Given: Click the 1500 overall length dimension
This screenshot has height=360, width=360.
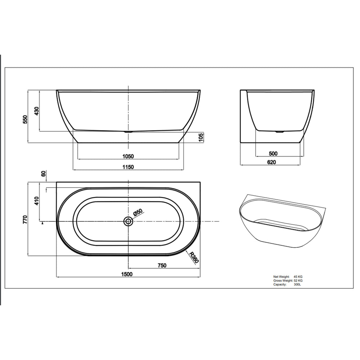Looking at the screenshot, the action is [127, 274].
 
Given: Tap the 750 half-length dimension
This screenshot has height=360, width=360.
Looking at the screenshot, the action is [162, 265].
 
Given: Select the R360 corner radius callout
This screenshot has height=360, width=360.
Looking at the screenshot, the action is [193, 257].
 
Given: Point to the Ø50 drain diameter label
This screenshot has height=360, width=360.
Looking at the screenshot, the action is [138, 212].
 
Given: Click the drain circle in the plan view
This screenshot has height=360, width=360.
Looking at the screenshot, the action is [128, 221].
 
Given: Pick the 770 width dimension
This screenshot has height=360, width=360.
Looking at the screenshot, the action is [25, 219].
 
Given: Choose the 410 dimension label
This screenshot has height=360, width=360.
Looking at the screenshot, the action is [37, 201].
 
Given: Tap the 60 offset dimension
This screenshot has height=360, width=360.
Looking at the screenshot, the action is [44, 174].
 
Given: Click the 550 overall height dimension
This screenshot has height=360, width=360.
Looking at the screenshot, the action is [25, 120].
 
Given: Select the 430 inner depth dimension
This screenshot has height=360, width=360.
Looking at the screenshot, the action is [37, 111].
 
